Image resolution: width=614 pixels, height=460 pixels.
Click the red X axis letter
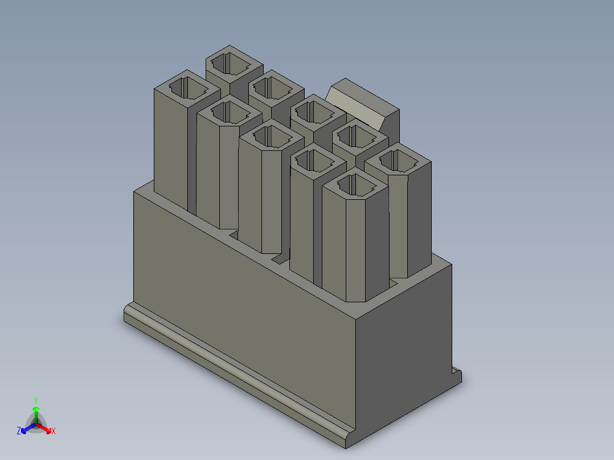coord(53,432)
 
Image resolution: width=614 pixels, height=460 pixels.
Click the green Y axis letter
coord(36,400)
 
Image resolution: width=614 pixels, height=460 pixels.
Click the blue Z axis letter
coord(19,431)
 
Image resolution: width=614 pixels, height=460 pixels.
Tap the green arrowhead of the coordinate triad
coord(36,409)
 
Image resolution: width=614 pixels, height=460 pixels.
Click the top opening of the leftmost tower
coord(187,88)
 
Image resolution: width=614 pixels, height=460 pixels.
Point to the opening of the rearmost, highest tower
coord(234,63)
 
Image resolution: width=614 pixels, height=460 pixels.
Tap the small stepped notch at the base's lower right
coord(457,374)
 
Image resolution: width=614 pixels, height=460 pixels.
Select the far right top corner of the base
coord(451,264)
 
